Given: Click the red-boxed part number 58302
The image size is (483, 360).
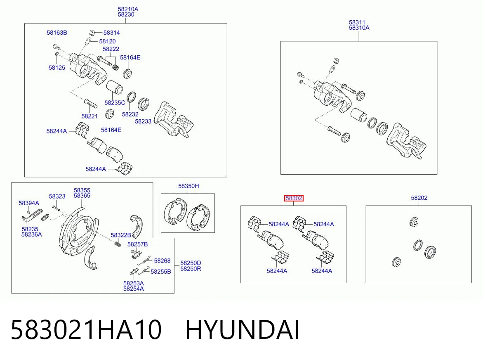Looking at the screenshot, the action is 294,198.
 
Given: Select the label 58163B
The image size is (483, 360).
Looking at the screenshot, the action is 57,33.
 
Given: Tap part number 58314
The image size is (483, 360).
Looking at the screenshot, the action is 111,33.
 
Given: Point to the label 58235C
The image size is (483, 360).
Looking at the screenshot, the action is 115,103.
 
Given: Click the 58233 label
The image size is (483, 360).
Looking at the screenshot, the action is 143,121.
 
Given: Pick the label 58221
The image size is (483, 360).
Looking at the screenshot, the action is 90,116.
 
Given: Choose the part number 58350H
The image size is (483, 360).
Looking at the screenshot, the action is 188,186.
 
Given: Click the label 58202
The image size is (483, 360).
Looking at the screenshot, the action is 419,198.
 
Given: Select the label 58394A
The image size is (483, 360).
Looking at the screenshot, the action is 29,203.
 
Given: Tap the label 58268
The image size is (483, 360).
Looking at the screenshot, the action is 163,261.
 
